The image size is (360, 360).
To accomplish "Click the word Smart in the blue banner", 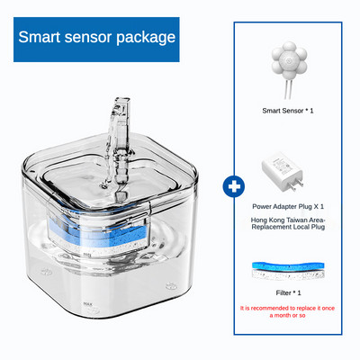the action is [x=39, y=37].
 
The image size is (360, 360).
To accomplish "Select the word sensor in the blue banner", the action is [x=88, y=38].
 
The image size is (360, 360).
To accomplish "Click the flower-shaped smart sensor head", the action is [x=289, y=60].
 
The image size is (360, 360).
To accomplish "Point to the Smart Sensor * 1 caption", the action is [x=288, y=111].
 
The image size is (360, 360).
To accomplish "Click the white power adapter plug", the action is [x=282, y=175].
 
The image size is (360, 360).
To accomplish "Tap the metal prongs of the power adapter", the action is [x=295, y=186].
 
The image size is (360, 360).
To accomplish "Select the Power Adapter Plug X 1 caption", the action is [x=288, y=206].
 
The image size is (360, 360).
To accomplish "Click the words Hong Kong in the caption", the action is [x=265, y=220].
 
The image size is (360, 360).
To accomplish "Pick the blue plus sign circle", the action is [x=234, y=186].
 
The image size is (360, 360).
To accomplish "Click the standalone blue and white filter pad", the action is [x=288, y=271].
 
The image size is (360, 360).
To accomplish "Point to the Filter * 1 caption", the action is [x=288, y=292].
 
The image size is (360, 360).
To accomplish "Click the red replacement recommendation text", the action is [x=287, y=311].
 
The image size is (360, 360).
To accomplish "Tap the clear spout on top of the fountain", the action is [x=119, y=140].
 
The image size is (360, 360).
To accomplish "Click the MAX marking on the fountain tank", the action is [x=88, y=304].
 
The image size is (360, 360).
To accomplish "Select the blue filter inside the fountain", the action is [x=99, y=231].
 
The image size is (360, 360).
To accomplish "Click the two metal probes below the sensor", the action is [x=288, y=89].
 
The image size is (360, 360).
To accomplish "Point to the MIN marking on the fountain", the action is [x=87, y=255].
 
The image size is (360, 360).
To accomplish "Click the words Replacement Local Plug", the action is [x=288, y=227].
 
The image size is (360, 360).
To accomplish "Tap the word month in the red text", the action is [x=288, y=316].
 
